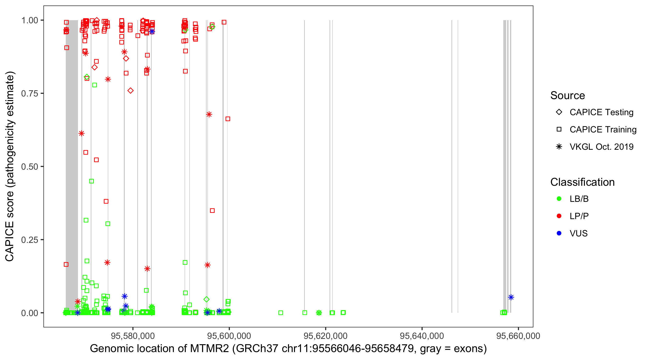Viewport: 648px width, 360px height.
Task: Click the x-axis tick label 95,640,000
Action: coord(422,336)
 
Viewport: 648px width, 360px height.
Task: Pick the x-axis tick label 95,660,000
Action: coord(518,336)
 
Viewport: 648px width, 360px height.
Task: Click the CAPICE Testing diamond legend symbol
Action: coord(559,112)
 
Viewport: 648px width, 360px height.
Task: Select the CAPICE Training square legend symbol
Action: coord(559,130)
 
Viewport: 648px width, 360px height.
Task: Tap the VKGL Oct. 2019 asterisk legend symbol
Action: coord(559,147)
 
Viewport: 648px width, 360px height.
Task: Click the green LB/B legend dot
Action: coord(559,199)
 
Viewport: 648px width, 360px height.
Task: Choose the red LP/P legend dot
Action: coord(559,216)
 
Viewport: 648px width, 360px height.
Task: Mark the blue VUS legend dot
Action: coord(559,233)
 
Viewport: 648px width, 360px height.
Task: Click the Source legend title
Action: coord(568,96)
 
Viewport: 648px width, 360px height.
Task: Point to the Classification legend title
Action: coord(582,182)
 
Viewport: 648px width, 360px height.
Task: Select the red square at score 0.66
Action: coord(228,119)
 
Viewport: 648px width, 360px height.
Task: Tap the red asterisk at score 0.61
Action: coord(81,133)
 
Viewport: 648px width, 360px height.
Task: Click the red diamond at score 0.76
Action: coord(130,90)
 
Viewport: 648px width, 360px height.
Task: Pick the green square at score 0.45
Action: coord(92,181)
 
